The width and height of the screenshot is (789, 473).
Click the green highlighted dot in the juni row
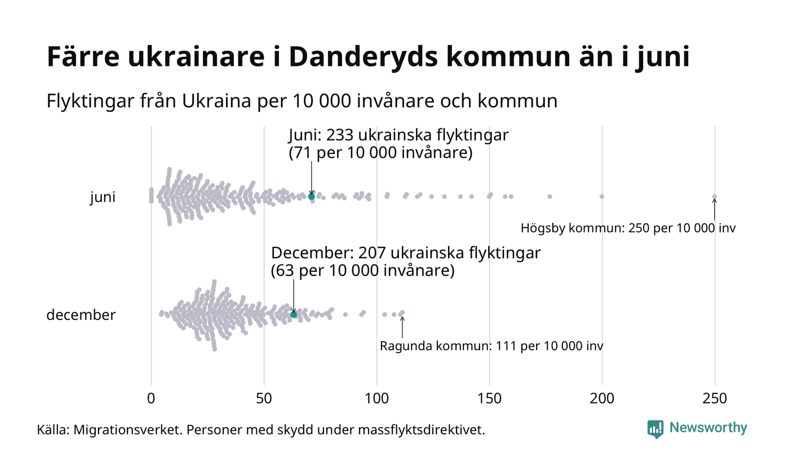tap(312, 197)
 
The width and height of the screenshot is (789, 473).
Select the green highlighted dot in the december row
tap(294, 314)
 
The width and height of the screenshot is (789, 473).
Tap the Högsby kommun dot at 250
tap(715, 197)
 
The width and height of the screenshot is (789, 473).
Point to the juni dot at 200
tap(602, 197)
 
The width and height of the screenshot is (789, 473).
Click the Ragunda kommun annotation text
tap(491, 346)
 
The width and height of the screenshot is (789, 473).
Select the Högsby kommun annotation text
tap(628, 229)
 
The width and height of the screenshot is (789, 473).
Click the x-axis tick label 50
tap(264, 399)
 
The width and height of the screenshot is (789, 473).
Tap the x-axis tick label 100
tap(376, 399)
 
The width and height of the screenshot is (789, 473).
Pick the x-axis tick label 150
tap(489, 399)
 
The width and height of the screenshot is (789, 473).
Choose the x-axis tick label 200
tap(602, 399)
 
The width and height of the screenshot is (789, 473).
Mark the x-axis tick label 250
tap(715, 399)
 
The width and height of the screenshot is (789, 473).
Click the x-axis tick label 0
tap(151, 399)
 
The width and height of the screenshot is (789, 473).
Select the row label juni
tap(103, 198)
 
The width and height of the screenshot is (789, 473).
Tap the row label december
tap(81, 315)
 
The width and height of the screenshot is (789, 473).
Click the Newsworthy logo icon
tap(655, 429)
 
